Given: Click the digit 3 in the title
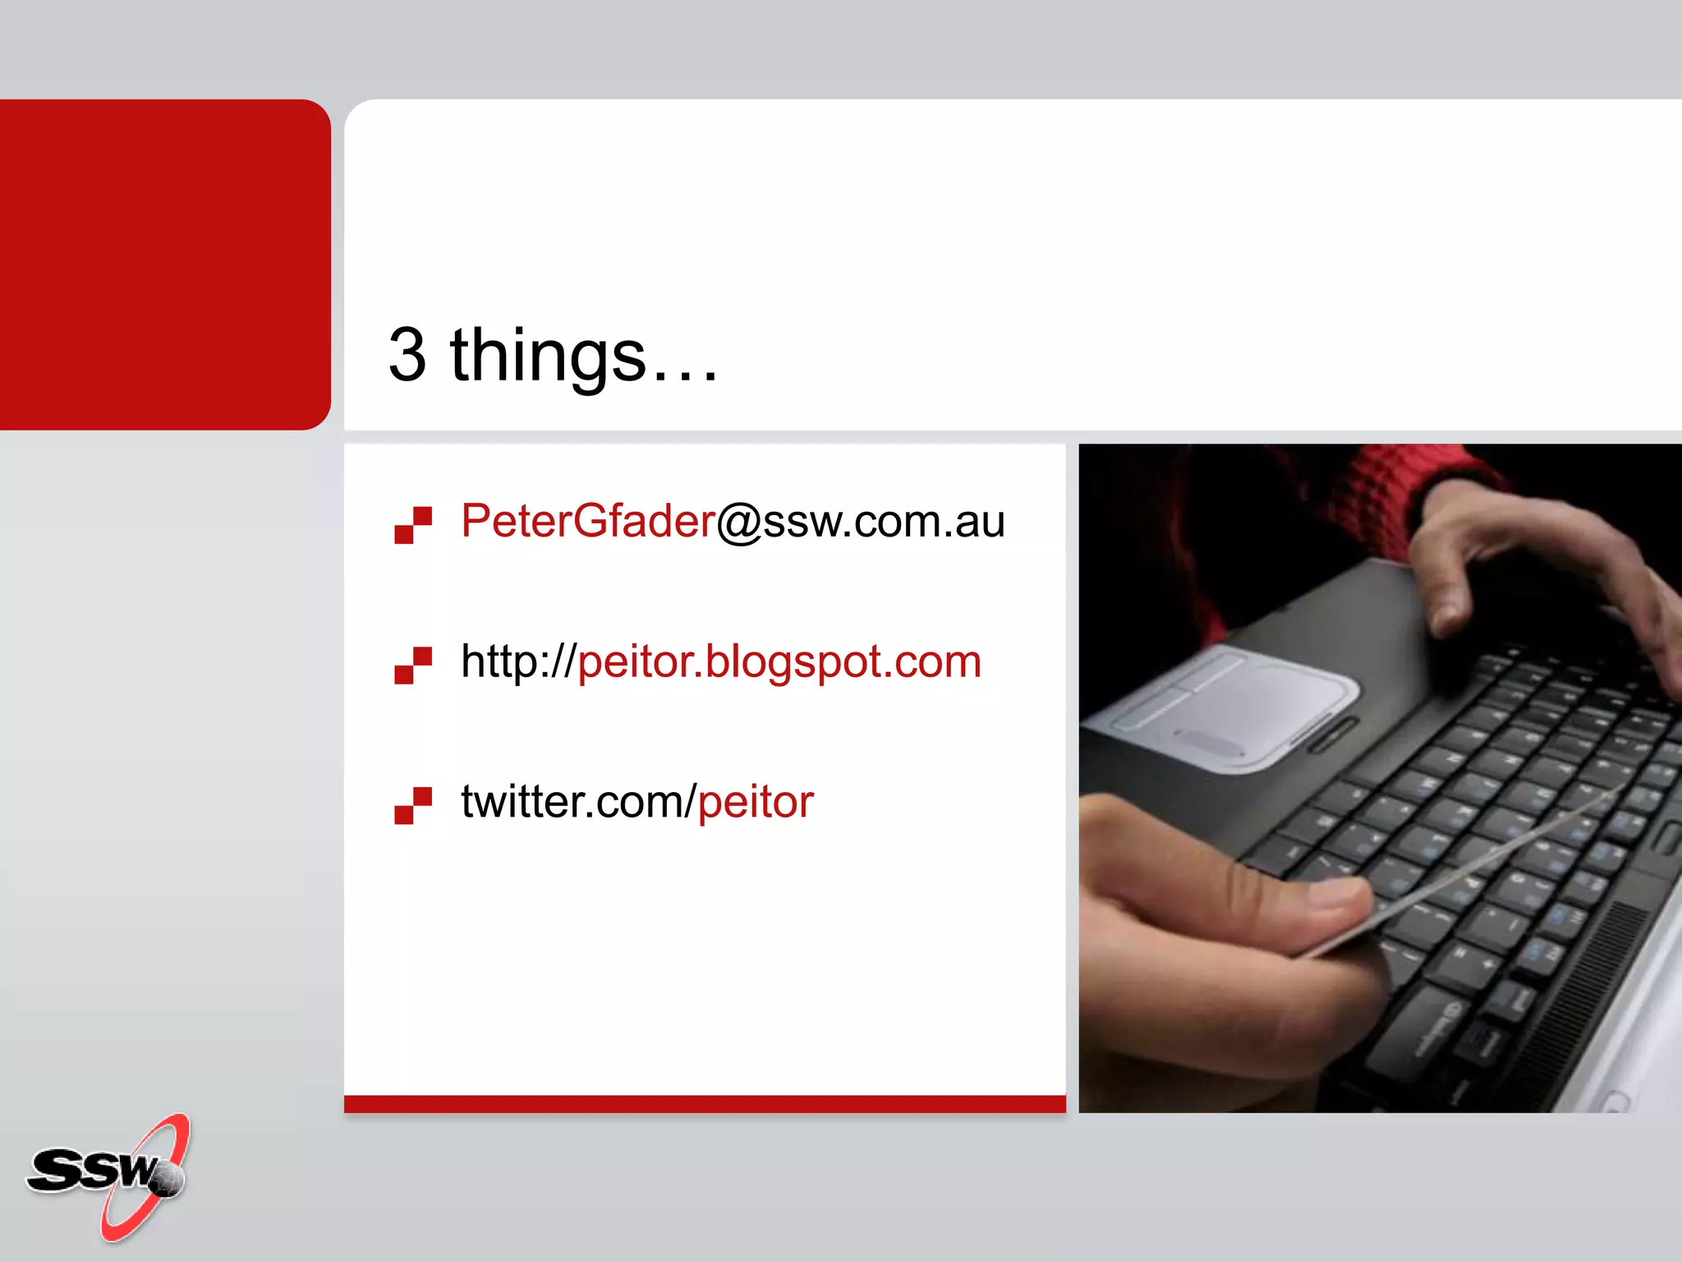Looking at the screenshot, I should [x=408, y=355].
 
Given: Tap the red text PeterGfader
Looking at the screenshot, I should [x=588, y=521].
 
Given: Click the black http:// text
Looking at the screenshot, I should [x=517, y=661].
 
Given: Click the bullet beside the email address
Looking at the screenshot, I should [x=413, y=525].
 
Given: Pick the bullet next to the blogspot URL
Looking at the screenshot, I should [x=413, y=666].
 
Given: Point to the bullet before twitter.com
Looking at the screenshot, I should [x=413, y=805].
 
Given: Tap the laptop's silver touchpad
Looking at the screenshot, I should [x=1232, y=707].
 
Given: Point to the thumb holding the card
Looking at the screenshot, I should [x=1281, y=904].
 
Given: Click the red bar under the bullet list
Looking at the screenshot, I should [x=705, y=1103].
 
